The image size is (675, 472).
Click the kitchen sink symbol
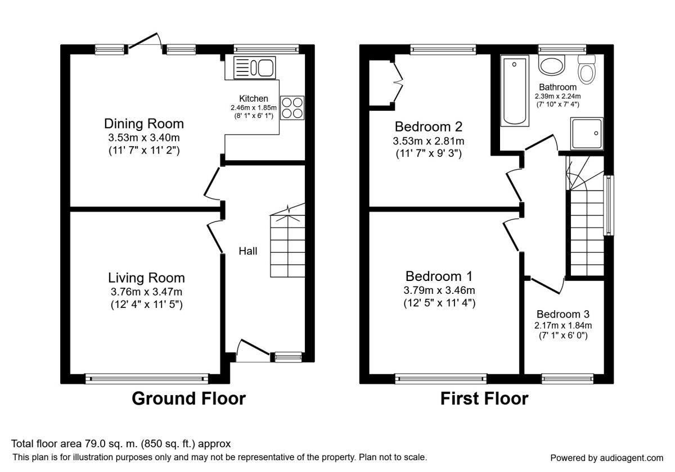(255, 68)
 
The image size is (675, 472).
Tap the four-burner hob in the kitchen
(292, 108)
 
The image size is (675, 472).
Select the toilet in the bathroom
(587, 69)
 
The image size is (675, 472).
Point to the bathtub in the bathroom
(515, 90)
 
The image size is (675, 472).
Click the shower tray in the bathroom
(587, 134)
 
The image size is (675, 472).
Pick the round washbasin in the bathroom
(551, 65)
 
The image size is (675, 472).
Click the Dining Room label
(144, 124)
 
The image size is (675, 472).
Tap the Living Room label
(146, 278)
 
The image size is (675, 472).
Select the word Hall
(247, 251)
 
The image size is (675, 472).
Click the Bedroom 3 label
(563, 314)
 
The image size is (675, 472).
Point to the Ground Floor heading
(188, 399)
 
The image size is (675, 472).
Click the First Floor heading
(484, 399)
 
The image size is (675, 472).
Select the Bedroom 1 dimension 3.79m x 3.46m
(439, 290)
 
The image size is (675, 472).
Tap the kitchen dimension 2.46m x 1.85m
(254, 107)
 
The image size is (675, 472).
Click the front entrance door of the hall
(253, 351)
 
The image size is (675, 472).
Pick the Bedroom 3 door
(546, 285)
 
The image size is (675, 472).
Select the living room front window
(147, 379)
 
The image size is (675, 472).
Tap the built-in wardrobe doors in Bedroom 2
(398, 82)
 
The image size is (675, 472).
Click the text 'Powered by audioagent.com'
(606, 458)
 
